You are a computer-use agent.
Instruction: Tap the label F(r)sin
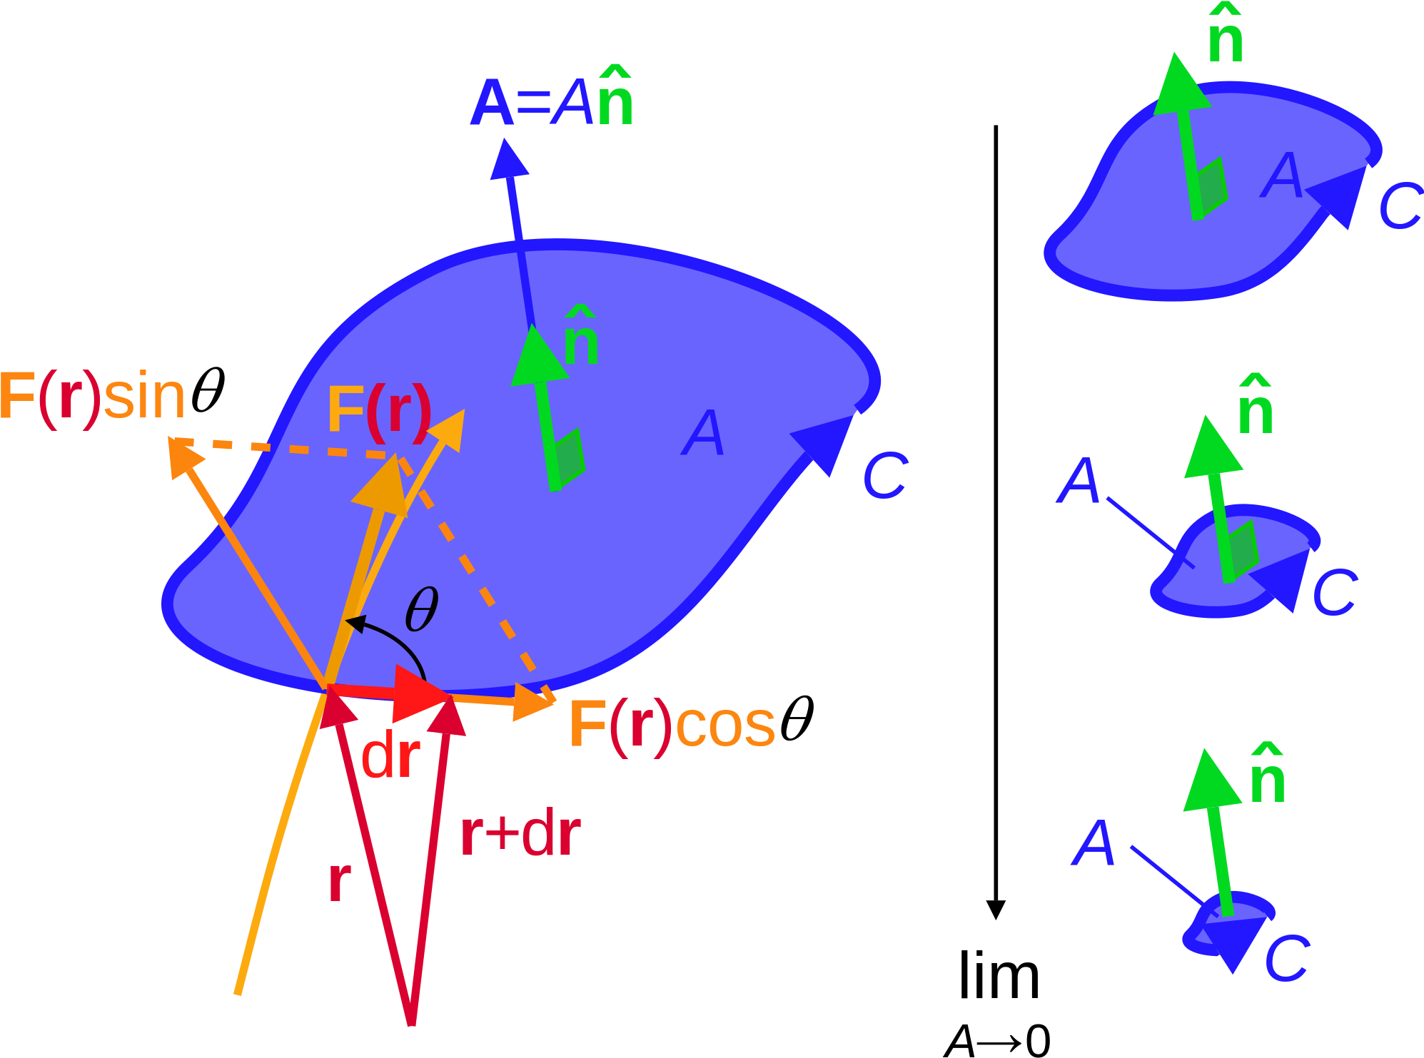(93, 396)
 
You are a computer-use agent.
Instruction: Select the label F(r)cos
(672, 725)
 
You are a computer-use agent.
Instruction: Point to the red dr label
(390, 757)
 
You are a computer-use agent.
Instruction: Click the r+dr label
(520, 834)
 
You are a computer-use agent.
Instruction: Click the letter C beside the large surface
(885, 475)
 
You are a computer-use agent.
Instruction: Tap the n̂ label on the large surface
(581, 338)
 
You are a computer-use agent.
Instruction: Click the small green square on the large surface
(570, 457)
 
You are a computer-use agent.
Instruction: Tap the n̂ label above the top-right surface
(1226, 36)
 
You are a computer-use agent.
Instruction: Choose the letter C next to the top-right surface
(1400, 205)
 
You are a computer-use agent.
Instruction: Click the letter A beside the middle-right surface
(1079, 481)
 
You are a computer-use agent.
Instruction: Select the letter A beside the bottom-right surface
(1093, 843)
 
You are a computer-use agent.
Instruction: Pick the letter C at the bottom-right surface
(1287, 958)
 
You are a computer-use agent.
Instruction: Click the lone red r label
(340, 882)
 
